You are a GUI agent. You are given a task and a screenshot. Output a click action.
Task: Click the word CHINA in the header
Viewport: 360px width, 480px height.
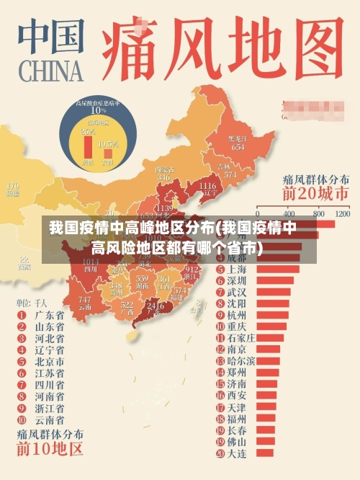click(48, 72)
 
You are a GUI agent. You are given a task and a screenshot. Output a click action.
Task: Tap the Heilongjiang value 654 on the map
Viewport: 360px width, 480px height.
click(238, 147)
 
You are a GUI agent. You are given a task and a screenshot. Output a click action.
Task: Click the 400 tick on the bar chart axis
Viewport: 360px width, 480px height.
click(291, 214)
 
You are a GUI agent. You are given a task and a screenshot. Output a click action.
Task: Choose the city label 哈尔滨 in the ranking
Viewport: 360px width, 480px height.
click(241, 360)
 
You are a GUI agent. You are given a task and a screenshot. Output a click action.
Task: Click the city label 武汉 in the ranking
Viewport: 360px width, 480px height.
click(237, 292)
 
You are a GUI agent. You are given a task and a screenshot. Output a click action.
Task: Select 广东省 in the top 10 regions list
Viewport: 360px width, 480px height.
click(50, 315)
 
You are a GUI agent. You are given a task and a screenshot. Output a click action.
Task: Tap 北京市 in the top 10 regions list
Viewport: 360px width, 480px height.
click(50, 360)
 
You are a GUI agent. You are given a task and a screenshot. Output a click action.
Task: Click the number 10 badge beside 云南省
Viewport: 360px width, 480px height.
click(21, 419)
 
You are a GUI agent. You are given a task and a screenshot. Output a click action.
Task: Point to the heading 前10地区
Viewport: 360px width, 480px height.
click(50, 450)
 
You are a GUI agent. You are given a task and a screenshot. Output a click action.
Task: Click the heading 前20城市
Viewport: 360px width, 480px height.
click(315, 194)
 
